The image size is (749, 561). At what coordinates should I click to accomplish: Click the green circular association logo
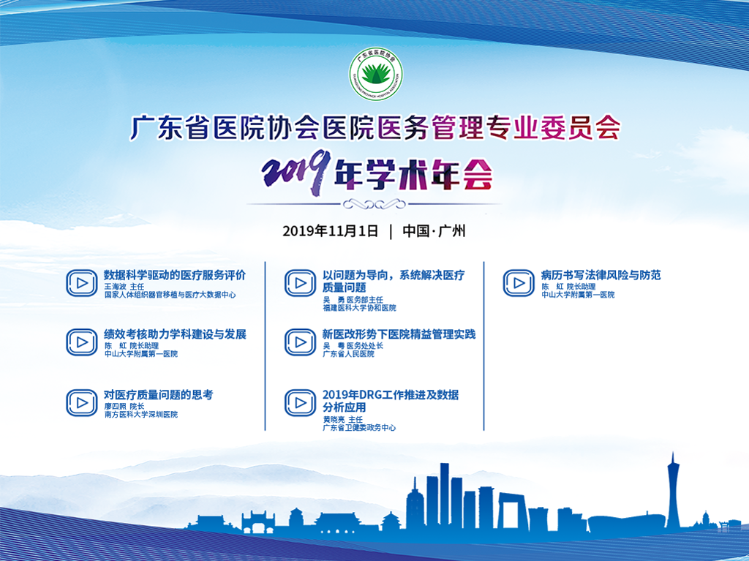point(375,74)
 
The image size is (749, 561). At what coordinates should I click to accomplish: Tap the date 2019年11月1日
point(331,231)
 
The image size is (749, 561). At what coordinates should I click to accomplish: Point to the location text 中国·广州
point(434,231)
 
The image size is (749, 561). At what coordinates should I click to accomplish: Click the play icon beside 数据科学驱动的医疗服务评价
point(82,283)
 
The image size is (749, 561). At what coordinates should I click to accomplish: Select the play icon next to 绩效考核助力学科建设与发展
point(82,342)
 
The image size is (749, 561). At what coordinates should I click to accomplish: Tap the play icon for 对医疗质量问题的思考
point(82,403)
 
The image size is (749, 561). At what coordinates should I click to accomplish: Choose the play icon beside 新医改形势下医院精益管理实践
point(300,342)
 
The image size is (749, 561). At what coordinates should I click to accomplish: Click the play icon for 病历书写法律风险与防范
point(519,283)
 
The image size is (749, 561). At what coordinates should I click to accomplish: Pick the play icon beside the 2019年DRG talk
point(300,403)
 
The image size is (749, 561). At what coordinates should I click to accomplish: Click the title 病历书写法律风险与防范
point(601,275)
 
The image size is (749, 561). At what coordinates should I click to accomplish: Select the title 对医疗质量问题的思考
point(159,395)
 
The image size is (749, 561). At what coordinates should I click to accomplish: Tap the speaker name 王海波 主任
point(124,287)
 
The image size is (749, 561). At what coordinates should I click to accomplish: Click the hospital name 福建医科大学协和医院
point(359,308)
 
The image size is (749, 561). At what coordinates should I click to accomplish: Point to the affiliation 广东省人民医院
point(349,354)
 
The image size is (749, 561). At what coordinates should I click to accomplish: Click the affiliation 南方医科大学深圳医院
point(141,415)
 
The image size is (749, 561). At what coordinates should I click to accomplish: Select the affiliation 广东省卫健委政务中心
point(359,428)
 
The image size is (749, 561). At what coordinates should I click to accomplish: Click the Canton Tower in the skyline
point(673,492)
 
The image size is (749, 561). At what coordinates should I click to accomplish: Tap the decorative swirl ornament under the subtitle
point(374,205)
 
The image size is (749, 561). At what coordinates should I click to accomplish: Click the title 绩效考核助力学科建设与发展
point(176,334)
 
